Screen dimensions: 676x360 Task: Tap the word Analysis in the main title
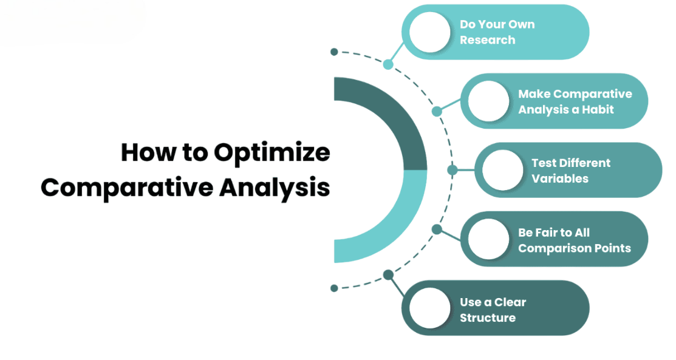click(274, 188)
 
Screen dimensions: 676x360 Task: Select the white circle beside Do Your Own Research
click(430, 32)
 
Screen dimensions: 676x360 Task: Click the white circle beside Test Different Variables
click(503, 171)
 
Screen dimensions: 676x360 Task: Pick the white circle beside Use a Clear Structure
click(430, 308)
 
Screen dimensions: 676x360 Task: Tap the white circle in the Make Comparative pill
click(488, 101)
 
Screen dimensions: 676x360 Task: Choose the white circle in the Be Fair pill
click(488, 239)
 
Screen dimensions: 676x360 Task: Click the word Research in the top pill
click(487, 40)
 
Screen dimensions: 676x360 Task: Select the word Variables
click(559, 178)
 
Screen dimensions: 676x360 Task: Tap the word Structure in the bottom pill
click(488, 318)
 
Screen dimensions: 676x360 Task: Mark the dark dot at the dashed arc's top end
click(334, 52)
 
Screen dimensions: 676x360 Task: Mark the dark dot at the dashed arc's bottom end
click(334, 288)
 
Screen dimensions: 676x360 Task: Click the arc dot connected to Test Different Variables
click(452, 171)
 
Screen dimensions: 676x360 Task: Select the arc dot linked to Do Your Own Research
click(388, 65)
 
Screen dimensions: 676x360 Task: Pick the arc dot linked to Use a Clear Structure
click(388, 274)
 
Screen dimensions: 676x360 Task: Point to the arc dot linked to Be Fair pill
click(437, 229)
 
